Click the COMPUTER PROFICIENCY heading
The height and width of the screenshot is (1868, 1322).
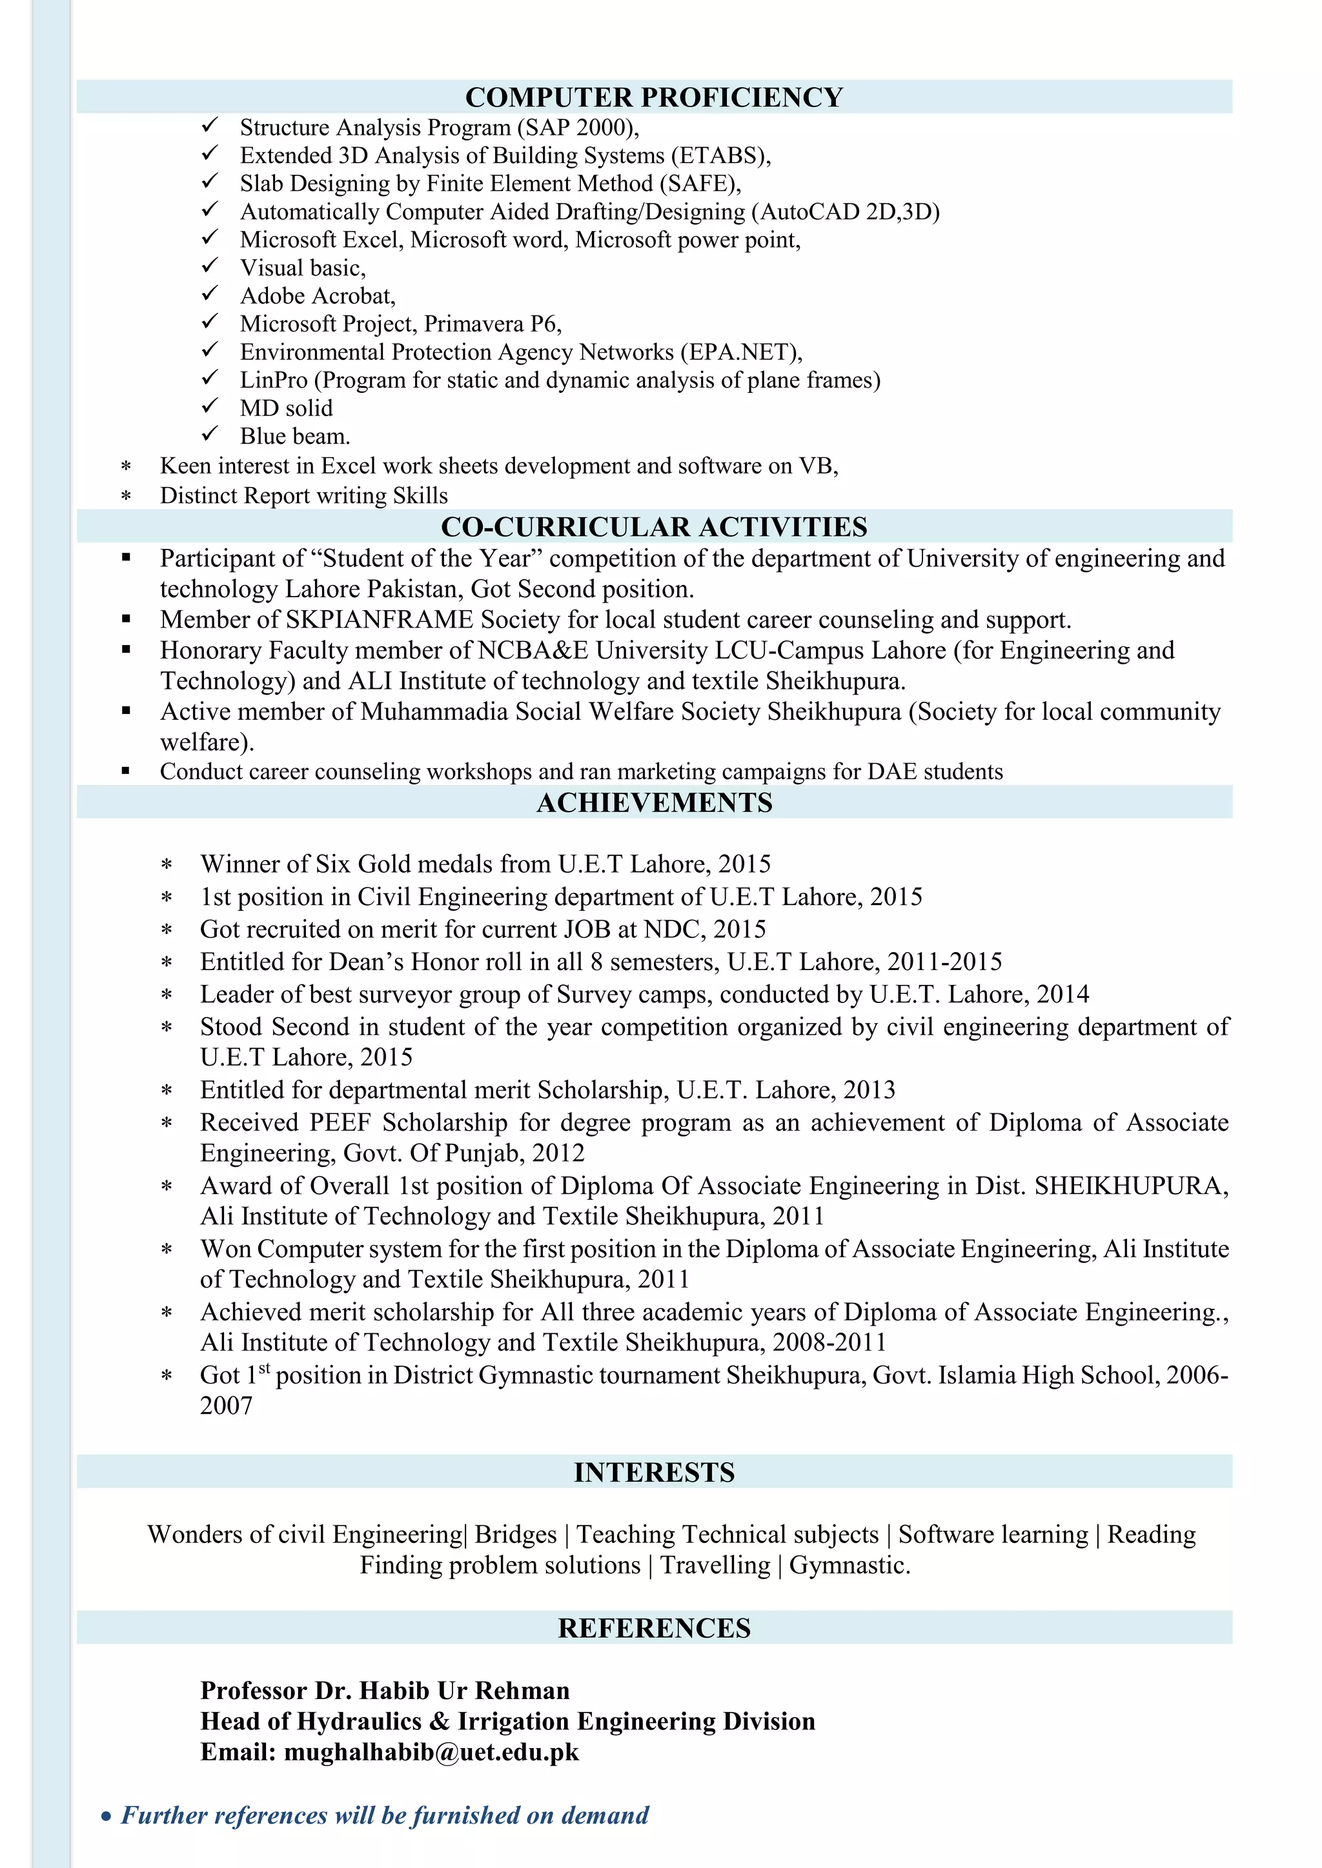tap(654, 97)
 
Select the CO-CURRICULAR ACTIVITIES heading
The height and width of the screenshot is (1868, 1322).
tap(654, 526)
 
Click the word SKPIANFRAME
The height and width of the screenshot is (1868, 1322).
tap(378, 620)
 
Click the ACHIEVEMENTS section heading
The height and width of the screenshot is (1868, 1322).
tap(654, 802)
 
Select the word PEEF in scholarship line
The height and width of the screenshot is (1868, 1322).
tap(340, 1123)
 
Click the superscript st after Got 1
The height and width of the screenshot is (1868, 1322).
tap(264, 1369)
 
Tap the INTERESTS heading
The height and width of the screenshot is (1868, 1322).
tap(654, 1472)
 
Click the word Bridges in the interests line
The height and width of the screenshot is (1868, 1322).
tap(515, 1535)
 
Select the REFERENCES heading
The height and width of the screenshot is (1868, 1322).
tap(654, 1628)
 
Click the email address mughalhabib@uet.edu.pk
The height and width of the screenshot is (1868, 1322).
tap(431, 1752)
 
